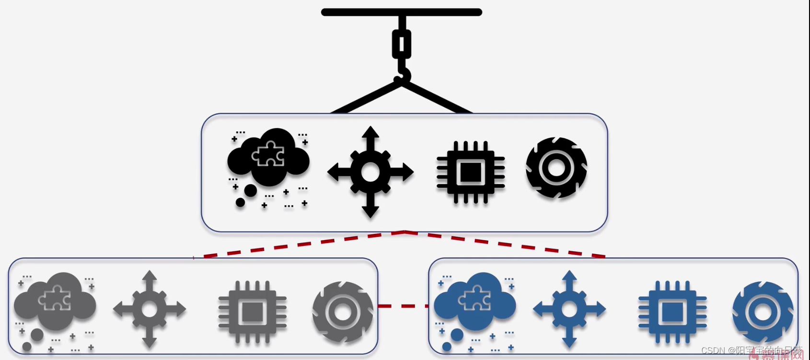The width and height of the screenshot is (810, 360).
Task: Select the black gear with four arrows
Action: pyautogui.click(x=370, y=172)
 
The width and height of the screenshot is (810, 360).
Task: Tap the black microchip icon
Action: pyautogui.click(x=471, y=172)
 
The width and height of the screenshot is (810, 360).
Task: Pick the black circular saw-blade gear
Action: pyautogui.click(x=556, y=168)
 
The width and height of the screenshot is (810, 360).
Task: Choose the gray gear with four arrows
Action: pyautogui.click(x=150, y=309)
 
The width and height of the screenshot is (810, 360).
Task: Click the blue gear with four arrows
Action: pyautogui.click(x=569, y=309)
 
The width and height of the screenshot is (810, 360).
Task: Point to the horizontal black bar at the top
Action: pyautogui.click(x=402, y=12)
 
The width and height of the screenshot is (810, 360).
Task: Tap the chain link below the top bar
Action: pyautogui.click(x=402, y=44)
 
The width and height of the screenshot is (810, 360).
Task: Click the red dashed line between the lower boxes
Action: pyautogui.click(x=403, y=306)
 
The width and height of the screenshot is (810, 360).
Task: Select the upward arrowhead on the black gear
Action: pyautogui.click(x=370, y=132)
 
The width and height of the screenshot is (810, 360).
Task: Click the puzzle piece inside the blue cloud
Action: pyautogui.click(x=475, y=298)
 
